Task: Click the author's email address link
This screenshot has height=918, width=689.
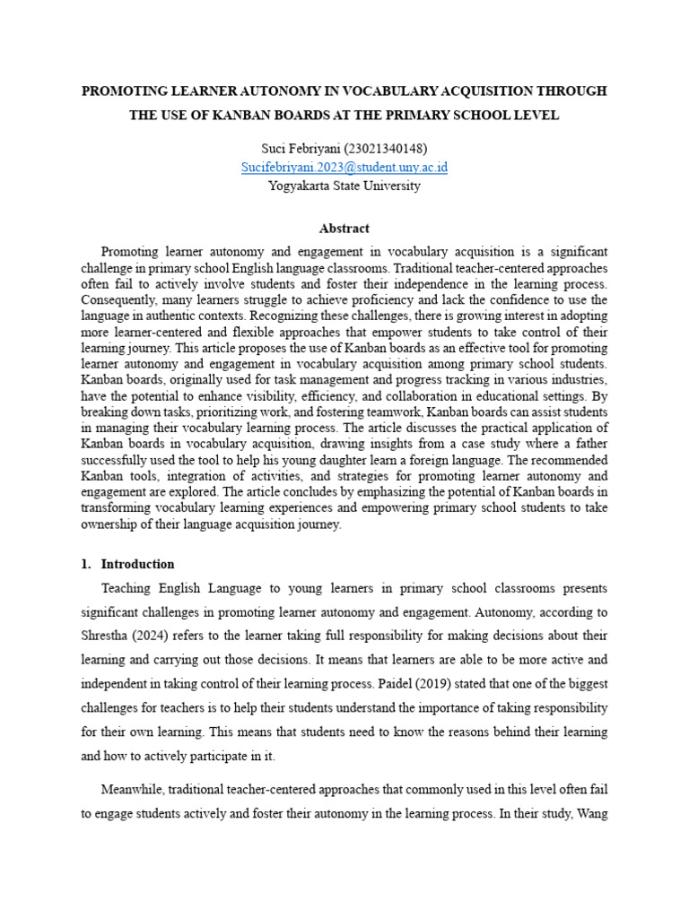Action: click(x=344, y=168)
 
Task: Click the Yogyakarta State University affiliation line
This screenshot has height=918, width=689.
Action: click(x=344, y=186)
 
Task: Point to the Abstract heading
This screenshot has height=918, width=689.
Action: click(x=344, y=229)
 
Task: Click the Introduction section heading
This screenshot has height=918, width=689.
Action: click(x=137, y=564)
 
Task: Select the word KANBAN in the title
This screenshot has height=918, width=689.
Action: click(x=249, y=115)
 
